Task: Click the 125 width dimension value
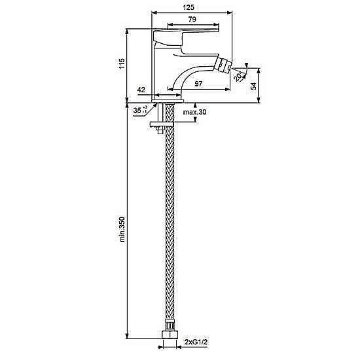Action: (189, 7)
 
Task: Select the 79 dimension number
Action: (192, 19)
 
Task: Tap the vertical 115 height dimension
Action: (122, 63)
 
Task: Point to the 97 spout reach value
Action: (198, 84)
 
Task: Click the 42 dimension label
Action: (141, 90)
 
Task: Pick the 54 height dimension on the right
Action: (253, 86)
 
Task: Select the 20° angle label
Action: (239, 77)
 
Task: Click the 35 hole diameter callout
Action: (140, 110)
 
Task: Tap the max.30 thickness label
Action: (194, 112)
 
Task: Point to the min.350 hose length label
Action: (122, 229)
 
